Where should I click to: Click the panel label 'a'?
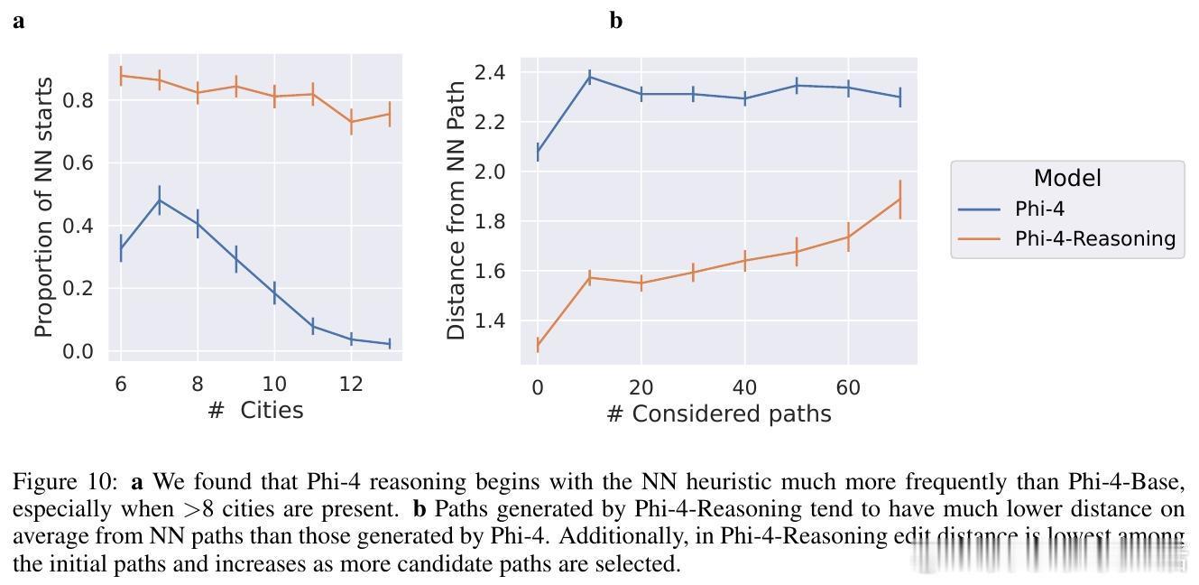[x=19, y=22]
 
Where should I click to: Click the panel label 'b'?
[x=616, y=21]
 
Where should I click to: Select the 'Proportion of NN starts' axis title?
[x=43, y=208]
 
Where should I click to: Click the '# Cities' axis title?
[x=255, y=411]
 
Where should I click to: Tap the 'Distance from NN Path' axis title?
[x=457, y=209]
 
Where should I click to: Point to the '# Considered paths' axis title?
[x=718, y=413]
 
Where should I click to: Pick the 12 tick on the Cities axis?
[x=351, y=384]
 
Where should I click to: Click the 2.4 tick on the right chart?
[x=492, y=72]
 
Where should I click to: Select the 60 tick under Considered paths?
[x=848, y=387]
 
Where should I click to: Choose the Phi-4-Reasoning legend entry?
[x=1093, y=238]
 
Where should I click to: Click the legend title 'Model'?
[x=1067, y=179]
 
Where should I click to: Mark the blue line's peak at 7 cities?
[x=159, y=200]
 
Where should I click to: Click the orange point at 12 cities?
[x=351, y=121]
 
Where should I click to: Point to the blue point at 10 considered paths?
[x=590, y=77]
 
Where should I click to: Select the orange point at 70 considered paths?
[x=899, y=199]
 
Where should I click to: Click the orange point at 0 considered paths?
[x=538, y=345]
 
